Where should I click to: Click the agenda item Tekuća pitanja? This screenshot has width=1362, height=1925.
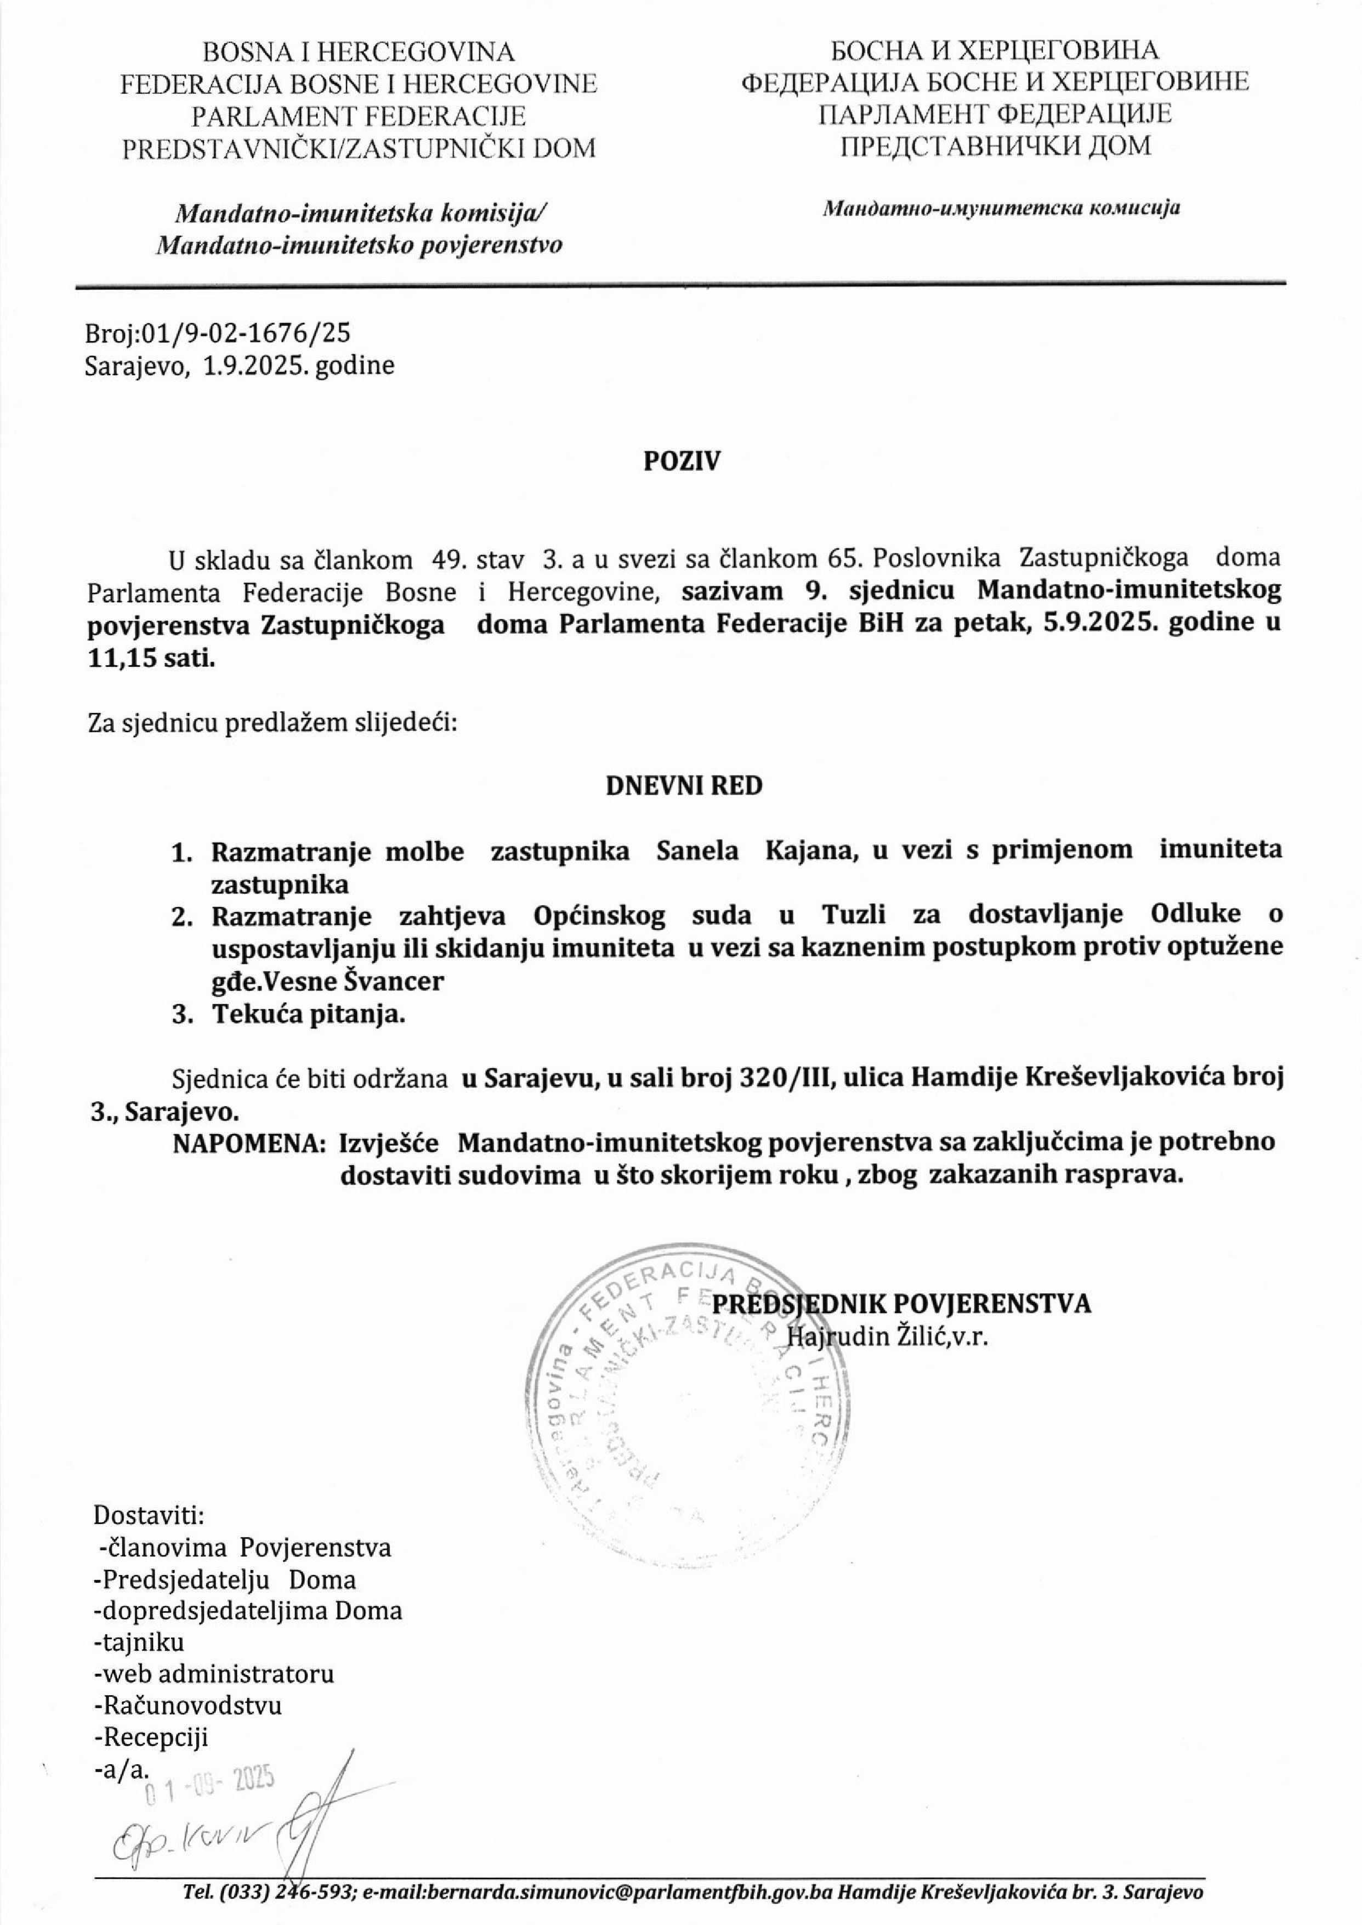[x=309, y=1015]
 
